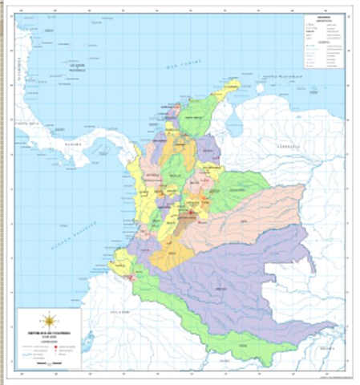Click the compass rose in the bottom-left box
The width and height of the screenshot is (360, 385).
click(49, 319)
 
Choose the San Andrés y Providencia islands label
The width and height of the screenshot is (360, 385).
click(76, 68)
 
